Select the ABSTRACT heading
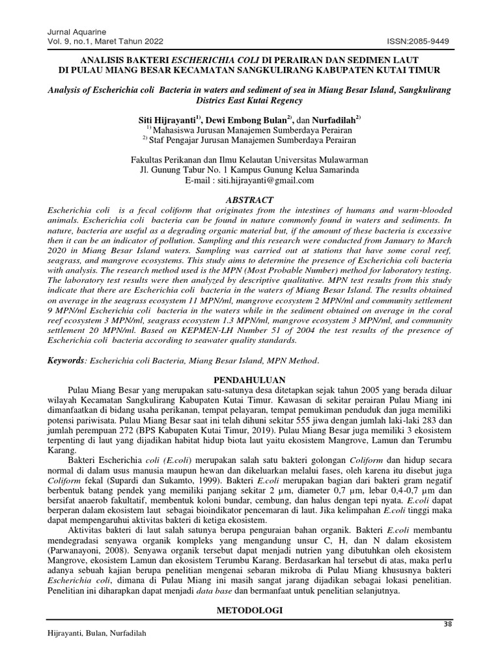249,200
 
